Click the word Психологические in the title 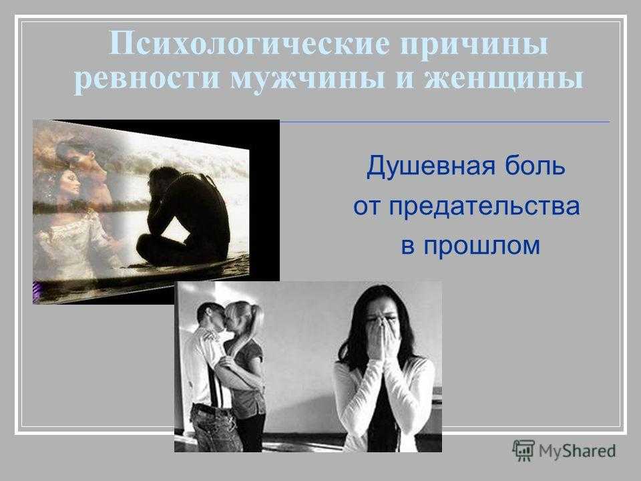[249, 43]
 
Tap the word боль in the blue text [536, 165]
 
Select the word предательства [485, 206]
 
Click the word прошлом [481, 245]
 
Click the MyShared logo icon [523, 451]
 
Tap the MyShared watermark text [577, 451]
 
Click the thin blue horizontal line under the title [445, 122]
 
